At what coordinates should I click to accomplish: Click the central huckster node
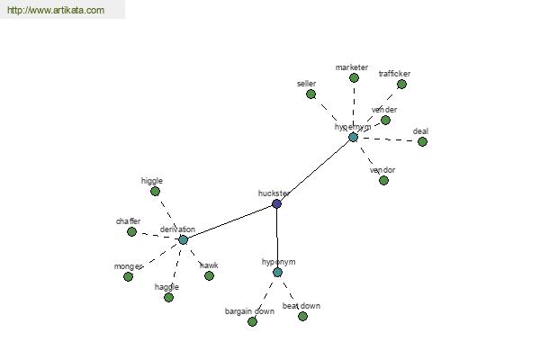[x=276, y=203]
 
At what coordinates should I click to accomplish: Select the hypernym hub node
[x=353, y=137]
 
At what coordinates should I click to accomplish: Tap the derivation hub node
[x=183, y=239]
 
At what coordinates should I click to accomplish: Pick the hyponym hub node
[x=277, y=272]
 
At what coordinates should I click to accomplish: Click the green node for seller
[x=310, y=94]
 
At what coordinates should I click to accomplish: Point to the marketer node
[x=354, y=77]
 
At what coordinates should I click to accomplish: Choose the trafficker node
[x=401, y=84]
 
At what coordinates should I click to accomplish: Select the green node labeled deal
[x=422, y=141]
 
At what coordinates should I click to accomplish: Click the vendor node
[x=383, y=180]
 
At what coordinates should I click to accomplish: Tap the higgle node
[x=155, y=191]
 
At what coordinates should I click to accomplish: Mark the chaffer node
[x=131, y=231]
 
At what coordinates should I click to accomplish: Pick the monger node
[x=128, y=276]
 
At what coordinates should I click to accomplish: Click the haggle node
[x=168, y=297]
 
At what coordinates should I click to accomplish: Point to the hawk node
[x=209, y=275]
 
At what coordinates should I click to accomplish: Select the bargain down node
[x=252, y=321]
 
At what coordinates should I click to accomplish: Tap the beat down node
[x=302, y=316]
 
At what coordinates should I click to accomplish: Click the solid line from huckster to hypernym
[x=315, y=170]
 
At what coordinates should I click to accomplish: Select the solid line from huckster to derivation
[x=229, y=221]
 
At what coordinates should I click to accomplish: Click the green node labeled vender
[x=385, y=120]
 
